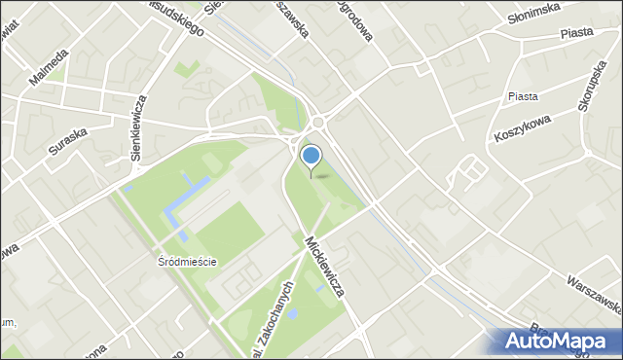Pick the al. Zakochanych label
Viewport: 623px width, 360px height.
click(x=275, y=308)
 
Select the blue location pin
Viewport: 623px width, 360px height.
click(x=311, y=157)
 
